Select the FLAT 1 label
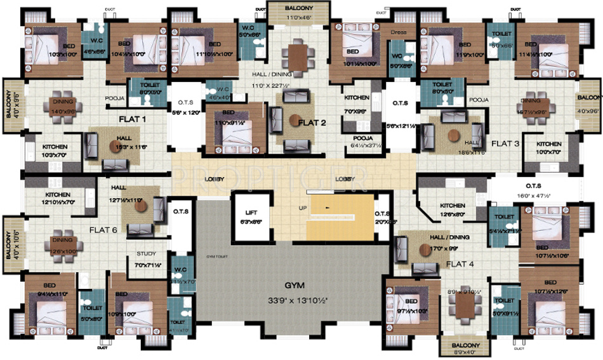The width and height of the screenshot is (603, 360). [x=132, y=119]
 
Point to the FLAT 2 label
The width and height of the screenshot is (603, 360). [x=312, y=122]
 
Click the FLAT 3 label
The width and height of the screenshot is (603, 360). [x=505, y=143]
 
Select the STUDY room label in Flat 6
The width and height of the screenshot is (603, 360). [x=146, y=254]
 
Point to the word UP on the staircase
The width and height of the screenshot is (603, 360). [x=303, y=208]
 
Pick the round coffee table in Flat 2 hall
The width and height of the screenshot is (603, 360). [x=293, y=119]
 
